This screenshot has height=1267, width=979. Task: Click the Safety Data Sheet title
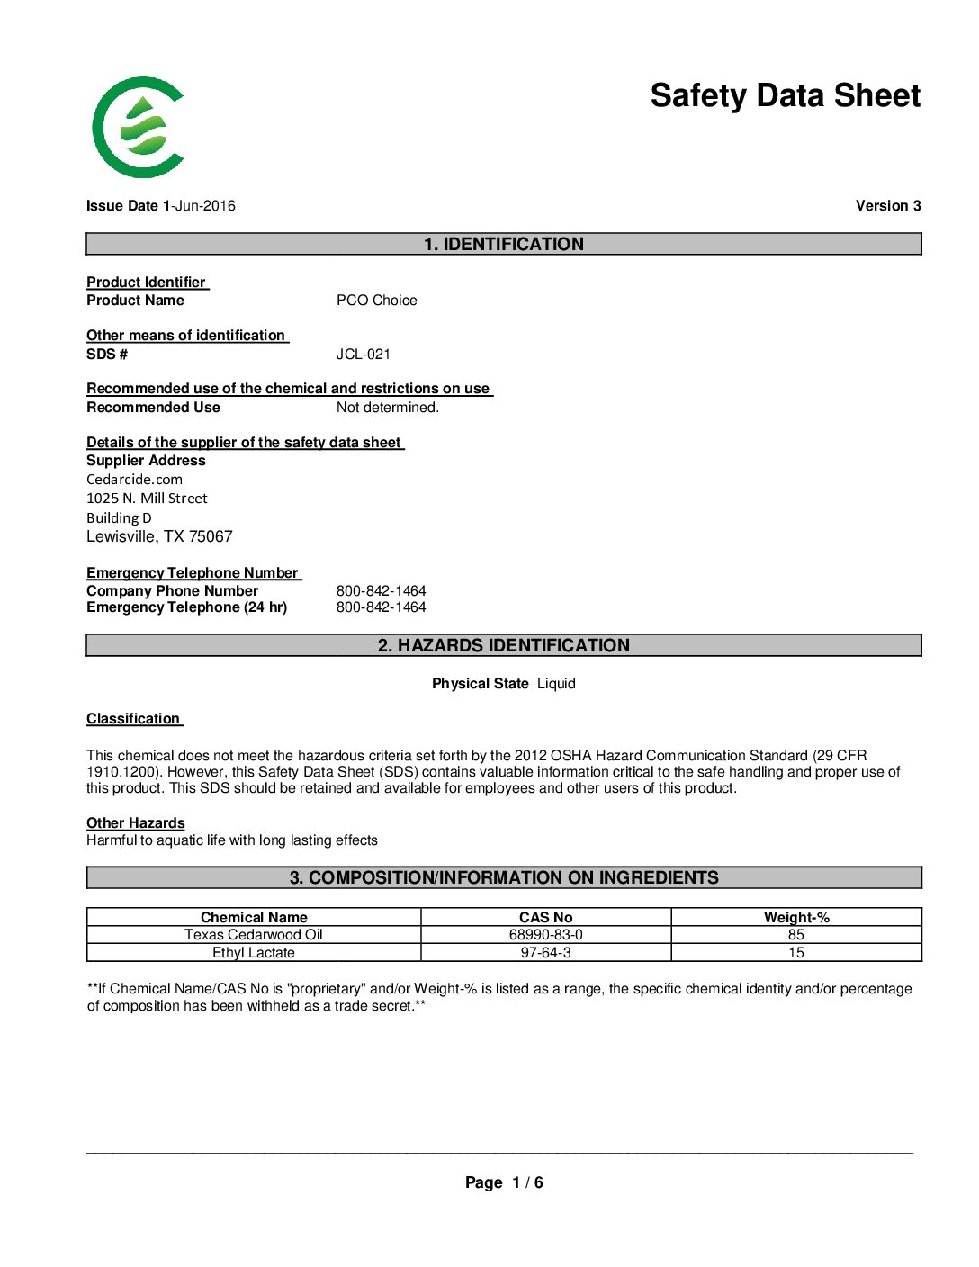coord(785,95)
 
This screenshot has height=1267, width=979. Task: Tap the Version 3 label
coord(887,206)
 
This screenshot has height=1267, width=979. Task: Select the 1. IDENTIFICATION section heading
coord(503,244)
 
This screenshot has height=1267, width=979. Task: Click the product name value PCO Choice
coord(376,301)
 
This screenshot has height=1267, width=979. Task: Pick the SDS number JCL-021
coord(363,355)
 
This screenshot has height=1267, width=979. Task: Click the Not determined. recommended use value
coord(387,408)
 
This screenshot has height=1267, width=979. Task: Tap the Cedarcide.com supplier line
coord(134,480)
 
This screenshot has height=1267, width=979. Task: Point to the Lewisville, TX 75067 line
coord(159,536)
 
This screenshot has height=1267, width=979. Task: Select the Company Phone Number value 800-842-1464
coord(381,591)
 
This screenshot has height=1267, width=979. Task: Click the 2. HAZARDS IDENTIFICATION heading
coord(503,645)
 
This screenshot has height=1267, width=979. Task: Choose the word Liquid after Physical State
coord(556,684)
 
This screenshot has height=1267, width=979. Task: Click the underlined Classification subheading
coord(133,719)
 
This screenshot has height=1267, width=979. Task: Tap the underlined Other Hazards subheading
coord(135,823)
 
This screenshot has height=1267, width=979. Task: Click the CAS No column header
coord(545,917)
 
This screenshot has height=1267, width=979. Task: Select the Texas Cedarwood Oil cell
coord(253,935)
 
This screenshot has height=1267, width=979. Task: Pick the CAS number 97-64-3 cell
coord(545,953)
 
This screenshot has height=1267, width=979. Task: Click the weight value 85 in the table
coord(795,935)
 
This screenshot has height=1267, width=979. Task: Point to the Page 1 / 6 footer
coord(503,1182)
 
